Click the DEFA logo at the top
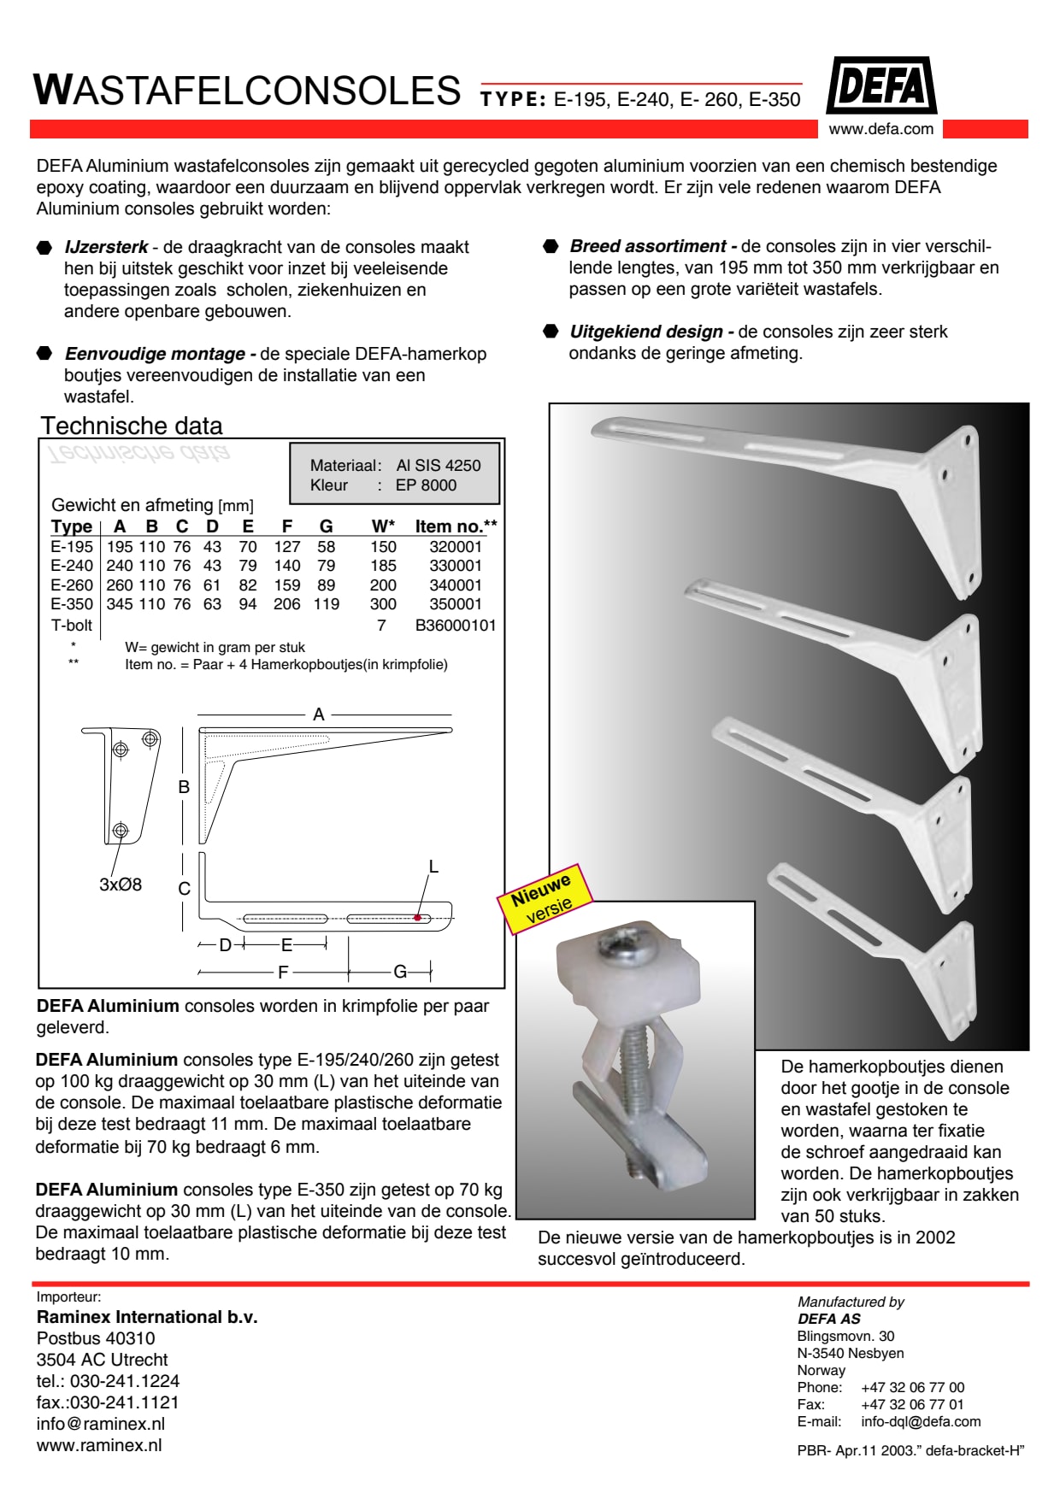[x=881, y=86]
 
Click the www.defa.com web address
[x=880, y=129]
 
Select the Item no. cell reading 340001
[x=456, y=585]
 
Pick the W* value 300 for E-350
[x=383, y=604]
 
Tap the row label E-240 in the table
[x=72, y=566]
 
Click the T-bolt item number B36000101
[x=456, y=626]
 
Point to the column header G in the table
[x=326, y=526]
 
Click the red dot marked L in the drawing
[x=417, y=918]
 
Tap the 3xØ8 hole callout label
[x=121, y=885]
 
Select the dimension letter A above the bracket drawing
[x=319, y=714]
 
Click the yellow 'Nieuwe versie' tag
[x=545, y=899]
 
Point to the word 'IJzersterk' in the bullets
[x=106, y=247]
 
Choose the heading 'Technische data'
[x=132, y=426]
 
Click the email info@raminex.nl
[x=101, y=1424]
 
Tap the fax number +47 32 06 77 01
[x=912, y=1404]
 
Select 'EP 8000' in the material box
[x=426, y=485]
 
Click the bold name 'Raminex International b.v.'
[x=147, y=1317]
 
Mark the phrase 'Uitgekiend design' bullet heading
[x=647, y=332]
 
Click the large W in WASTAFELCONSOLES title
[x=53, y=90]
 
